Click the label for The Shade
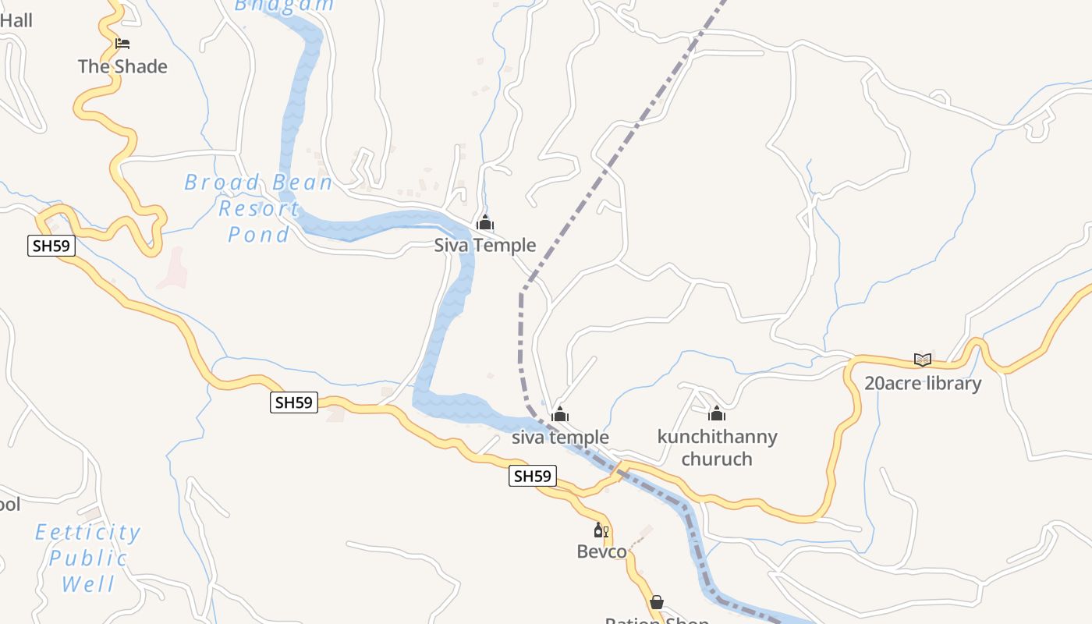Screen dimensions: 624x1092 [122, 67]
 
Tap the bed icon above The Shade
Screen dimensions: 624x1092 [122, 44]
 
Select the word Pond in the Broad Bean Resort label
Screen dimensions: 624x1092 [259, 235]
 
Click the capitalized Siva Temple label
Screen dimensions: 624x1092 [485, 246]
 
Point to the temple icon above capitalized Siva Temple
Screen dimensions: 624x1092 [485, 223]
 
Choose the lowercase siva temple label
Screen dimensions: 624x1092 [560, 438]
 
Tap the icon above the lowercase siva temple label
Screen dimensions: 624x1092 [560, 414]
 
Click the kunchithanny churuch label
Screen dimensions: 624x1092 [717, 448]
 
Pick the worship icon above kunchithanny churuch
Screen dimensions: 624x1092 [717, 413]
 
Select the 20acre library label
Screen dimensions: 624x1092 [923, 384]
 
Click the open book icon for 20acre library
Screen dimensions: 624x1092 [923, 360]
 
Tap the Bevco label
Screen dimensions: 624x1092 [601, 552]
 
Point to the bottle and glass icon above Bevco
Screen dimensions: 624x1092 [601, 530]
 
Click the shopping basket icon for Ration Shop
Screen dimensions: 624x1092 [657, 602]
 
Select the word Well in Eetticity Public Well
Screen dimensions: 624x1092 [88, 584]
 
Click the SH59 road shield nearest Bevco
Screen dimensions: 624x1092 [533, 476]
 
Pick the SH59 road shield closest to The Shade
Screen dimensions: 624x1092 [51, 246]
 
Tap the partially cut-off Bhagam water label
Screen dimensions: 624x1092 [284, 5]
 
